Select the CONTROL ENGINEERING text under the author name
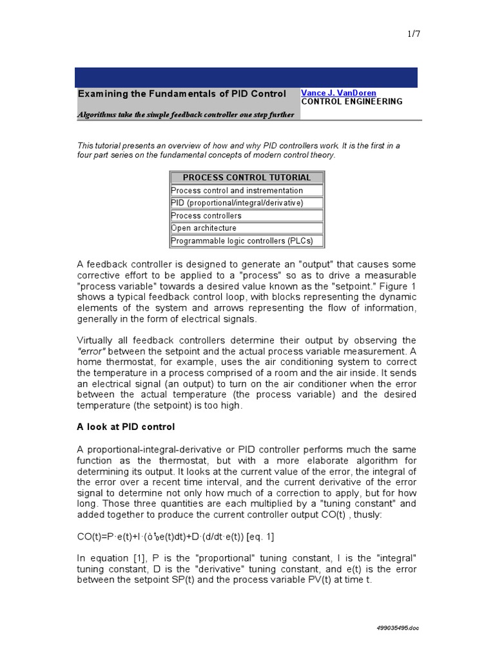(x=352, y=102)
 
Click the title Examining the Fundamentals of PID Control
(x=182, y=94)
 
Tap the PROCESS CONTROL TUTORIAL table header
(x=247, y=177)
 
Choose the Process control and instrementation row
(x=237, y=191)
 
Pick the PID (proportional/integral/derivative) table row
(x=237, y=203)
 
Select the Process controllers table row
(x=206, y=216)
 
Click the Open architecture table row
(x=204, y=228)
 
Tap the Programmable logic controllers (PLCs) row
(x=242, y=241)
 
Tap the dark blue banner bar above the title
(x=246, y=77)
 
